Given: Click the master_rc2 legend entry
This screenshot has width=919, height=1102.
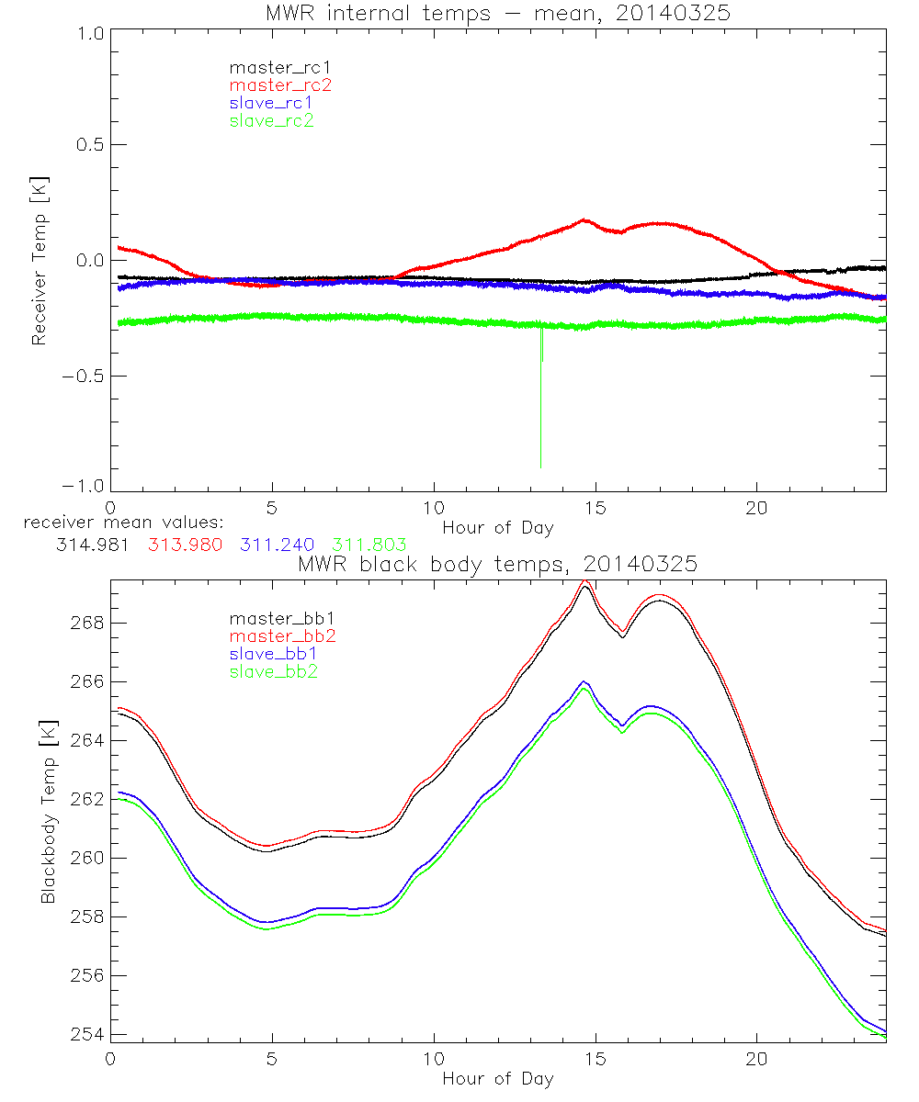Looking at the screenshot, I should pyautogui.click(x=279, y=84).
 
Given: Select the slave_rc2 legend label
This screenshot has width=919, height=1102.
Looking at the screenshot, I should pyautogui.click(x=272, y=120).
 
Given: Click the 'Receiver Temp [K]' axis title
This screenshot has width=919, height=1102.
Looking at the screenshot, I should pyautogui.click(x=39, y=261).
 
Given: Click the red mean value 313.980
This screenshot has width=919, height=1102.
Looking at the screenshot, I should pyautogui.click(x=185, y=544).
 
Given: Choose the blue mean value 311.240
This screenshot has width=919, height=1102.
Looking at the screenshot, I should pyautogui.click(x=280, y=544).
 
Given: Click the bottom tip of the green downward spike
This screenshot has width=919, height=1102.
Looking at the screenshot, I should pyautogui.click(x=540, y=467).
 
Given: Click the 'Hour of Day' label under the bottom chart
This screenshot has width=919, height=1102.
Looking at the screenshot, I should pyautogui.click(x=497, y=1078).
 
